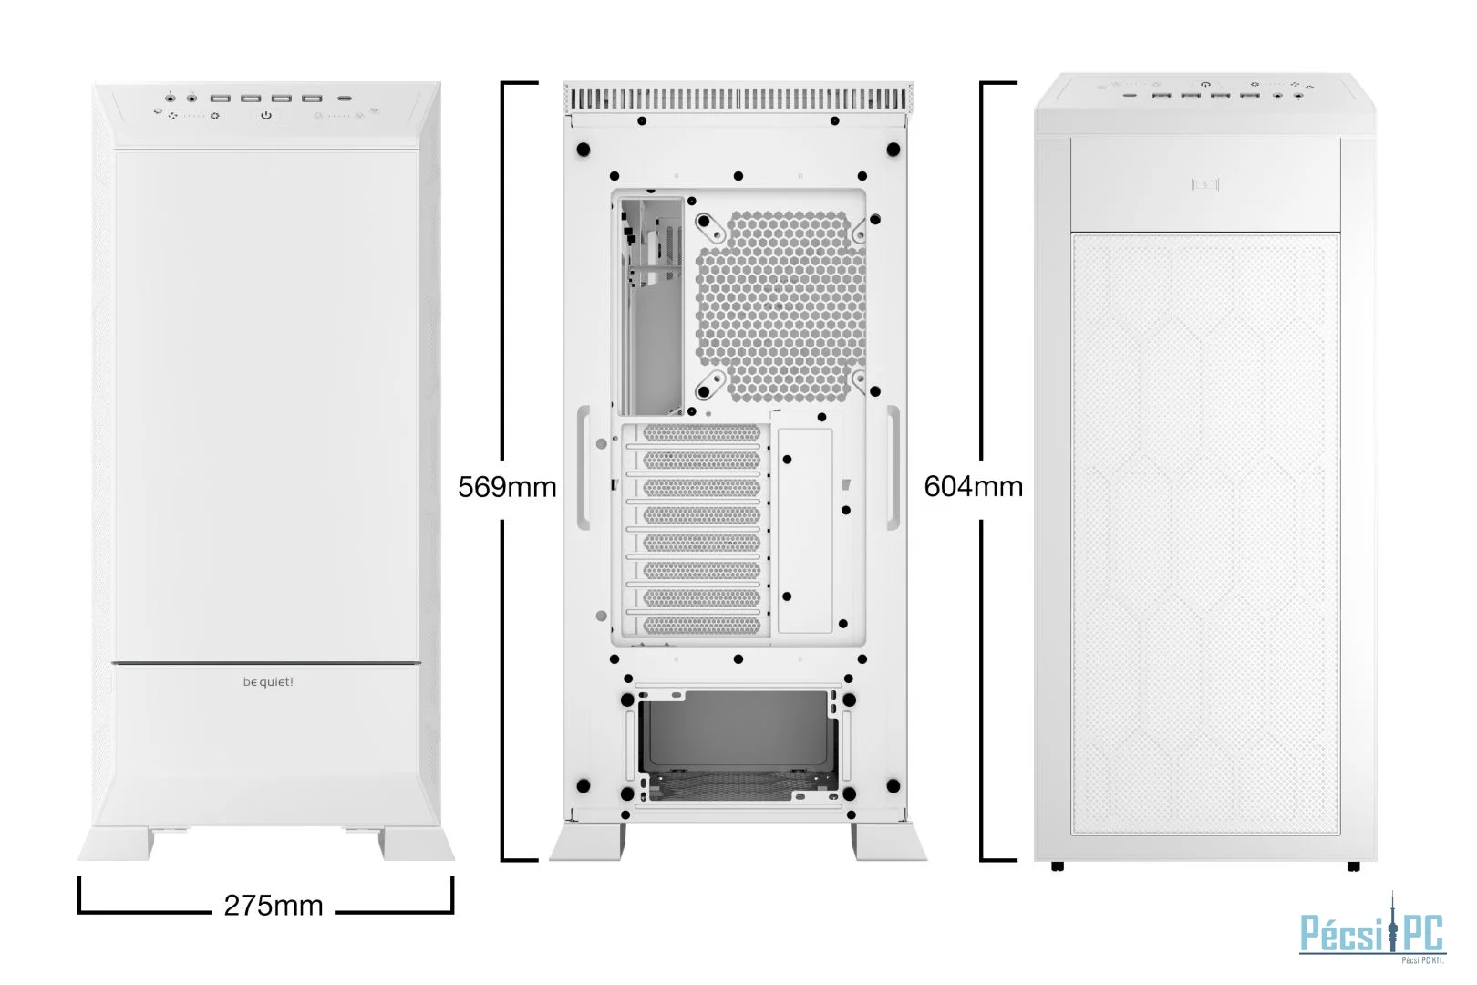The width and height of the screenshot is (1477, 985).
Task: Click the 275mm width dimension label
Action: (x=274, y=906)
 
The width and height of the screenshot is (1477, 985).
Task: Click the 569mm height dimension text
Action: (x=507, y=487)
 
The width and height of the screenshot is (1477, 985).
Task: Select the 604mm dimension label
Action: (x=973, y=486)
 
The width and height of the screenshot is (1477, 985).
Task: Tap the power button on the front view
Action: (x=266, y=116)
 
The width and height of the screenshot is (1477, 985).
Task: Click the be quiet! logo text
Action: (x=268, y=681)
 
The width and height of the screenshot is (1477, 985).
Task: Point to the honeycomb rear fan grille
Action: (x=782, y=308)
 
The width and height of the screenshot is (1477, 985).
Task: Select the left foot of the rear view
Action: (x=587, y=842)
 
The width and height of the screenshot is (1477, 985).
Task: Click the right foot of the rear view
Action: (x=889, y=842)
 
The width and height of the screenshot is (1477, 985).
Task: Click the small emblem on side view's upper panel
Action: (x=1205, y=186)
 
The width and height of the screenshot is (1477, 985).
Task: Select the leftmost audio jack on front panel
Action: (x=170, y=98)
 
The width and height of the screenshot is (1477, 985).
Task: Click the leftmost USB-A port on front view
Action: (x=221, y=98)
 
